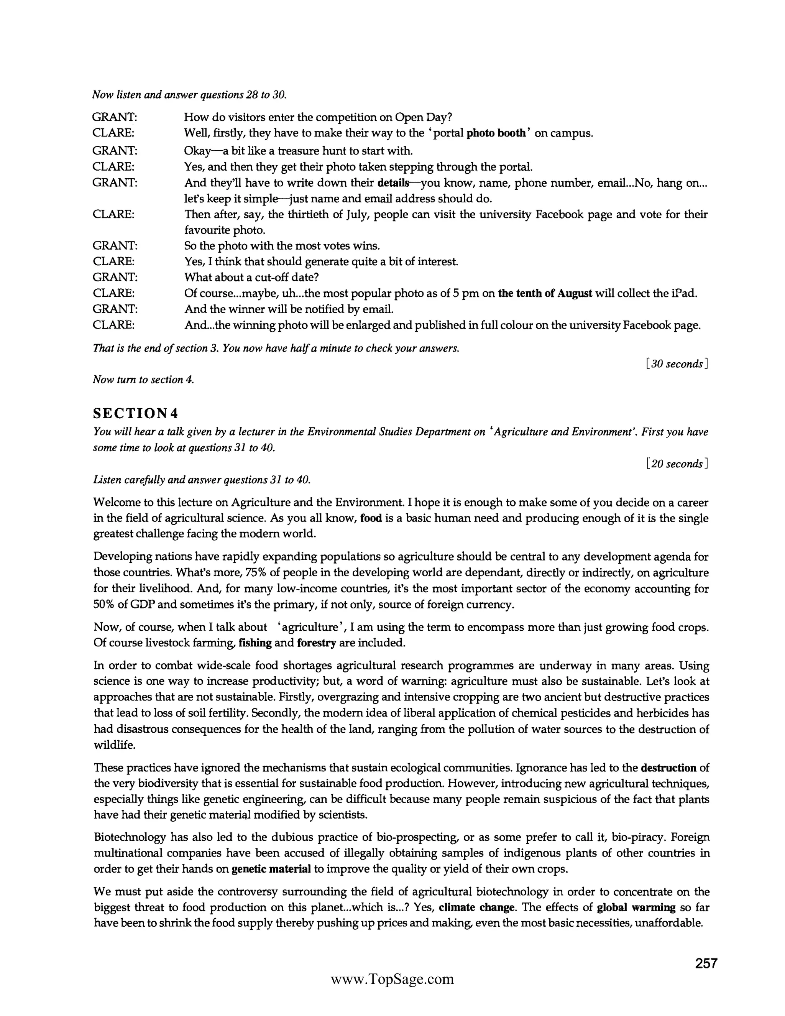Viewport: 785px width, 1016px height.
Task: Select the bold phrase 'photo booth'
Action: pyautogui.click(x=496, y=133)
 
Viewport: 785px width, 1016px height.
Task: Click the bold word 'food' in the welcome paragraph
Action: pyautogui.click(x=371, y=518)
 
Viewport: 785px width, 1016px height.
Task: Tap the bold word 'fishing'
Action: pyautogui.click(x=255, y=643)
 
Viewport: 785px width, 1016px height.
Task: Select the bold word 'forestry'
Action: pyautogui.click(x=316, y=643)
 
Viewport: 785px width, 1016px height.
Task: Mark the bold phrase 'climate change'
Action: pyautogui.click(x=477, y=907)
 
